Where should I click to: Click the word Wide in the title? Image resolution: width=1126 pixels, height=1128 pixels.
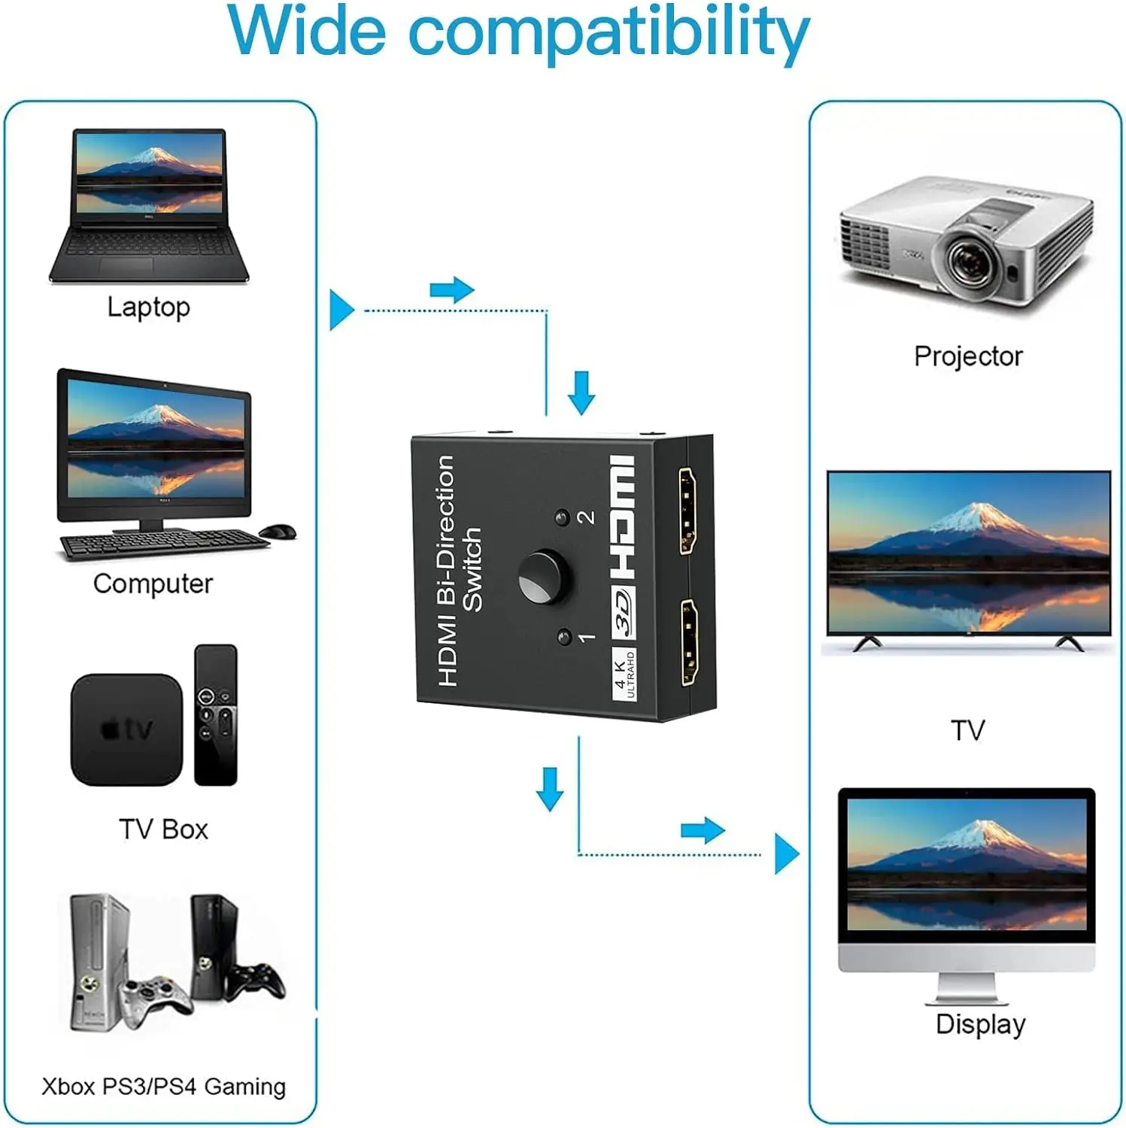click(x=307, y=32)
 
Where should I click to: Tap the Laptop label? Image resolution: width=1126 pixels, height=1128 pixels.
click(x=148, y=307)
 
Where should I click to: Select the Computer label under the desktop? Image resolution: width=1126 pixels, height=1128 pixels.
click(x=153, y=584)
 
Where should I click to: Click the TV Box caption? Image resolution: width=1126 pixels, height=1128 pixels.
click(x=163, y=829)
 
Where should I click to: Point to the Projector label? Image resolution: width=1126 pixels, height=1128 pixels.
click(x=968, y=356)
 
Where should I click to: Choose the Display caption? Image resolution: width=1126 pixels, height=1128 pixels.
click(x=980, y=1024)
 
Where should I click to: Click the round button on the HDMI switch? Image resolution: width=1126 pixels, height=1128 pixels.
click(x=543, y=578)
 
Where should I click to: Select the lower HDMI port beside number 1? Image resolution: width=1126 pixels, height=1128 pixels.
click(x=688, y=642)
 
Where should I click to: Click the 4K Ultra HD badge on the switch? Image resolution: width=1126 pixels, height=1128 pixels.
click(x=624, y=675)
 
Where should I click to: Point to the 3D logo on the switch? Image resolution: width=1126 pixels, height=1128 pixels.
click(x=623, y=611)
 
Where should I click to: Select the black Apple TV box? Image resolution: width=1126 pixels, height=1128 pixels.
click(x=126, y=729)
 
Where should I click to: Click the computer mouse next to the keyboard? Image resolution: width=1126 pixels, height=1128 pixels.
click(x=278, y=532)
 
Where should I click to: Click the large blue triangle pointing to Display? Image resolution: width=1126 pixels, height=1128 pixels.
click(x=785, y=854)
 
